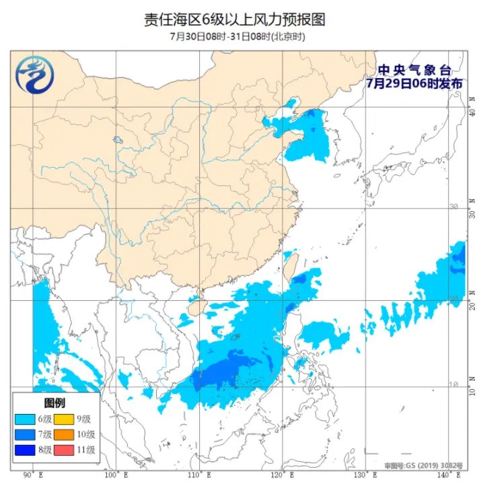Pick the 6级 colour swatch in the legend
point(28,419)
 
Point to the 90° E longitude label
point(32,475)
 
